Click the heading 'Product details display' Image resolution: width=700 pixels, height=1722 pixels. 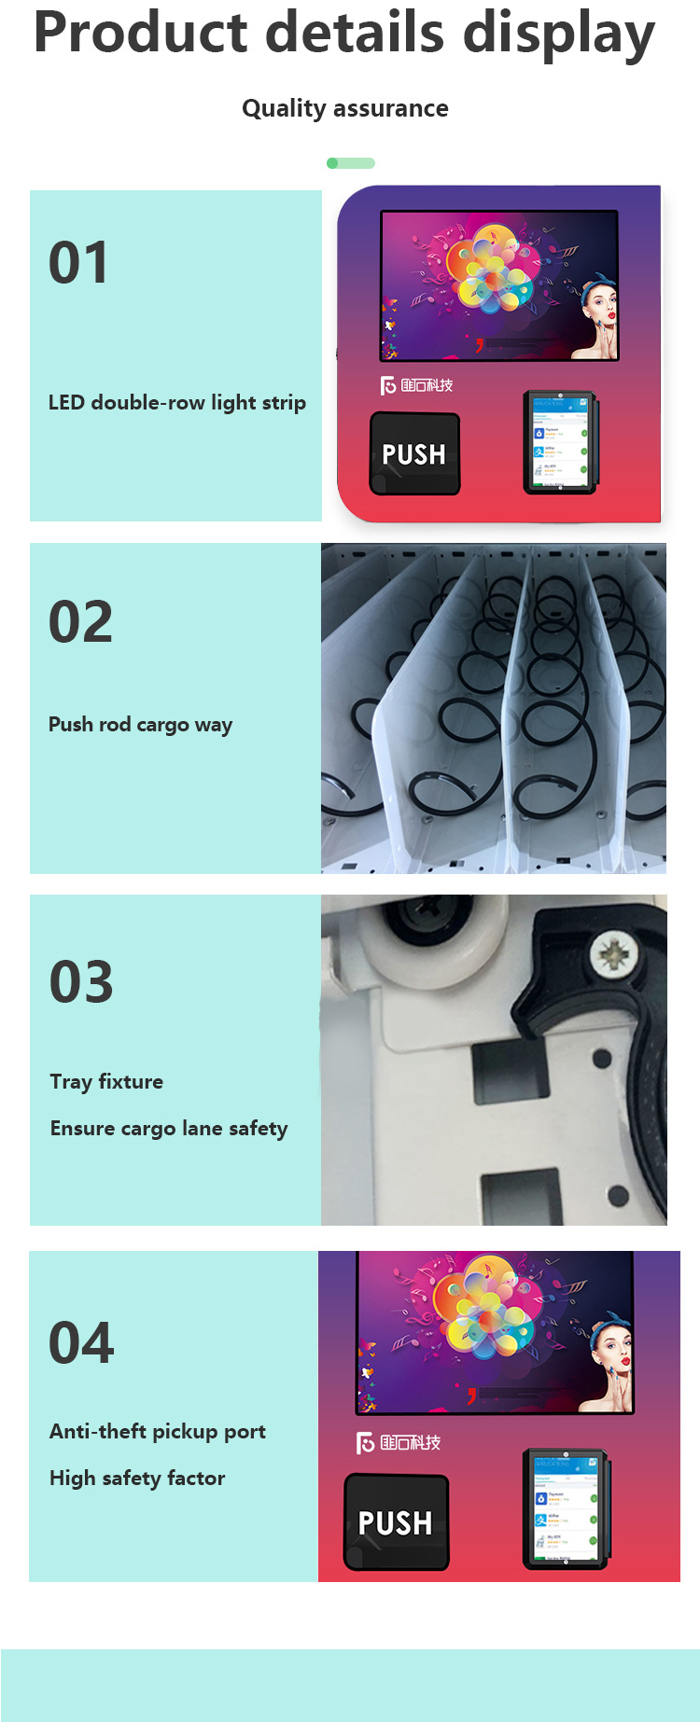(344, 34)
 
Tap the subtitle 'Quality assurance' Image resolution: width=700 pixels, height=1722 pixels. (344, 108)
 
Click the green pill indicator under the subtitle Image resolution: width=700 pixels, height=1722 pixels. (351, 163)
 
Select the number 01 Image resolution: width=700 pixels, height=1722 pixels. (78, 263)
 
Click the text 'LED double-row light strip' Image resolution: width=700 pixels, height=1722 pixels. (176, 403)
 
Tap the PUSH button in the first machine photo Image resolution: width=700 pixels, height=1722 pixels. (414, 454)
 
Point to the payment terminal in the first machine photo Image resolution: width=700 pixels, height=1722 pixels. (558, 442)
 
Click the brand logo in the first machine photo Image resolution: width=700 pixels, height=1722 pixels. (416, 385)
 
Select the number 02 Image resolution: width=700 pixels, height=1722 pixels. (80, 622)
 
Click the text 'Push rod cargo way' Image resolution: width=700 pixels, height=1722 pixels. (140, 725)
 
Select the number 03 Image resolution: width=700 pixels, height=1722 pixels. (81, 982)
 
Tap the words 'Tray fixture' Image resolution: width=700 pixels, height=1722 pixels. (106, 1082)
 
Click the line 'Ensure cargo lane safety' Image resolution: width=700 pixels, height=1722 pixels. (169, 1129)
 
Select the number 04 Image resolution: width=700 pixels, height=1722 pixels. (81, 1343)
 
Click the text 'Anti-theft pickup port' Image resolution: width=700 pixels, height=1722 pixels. (158, 1432)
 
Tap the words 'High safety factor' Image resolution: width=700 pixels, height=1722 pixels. (137, 1479)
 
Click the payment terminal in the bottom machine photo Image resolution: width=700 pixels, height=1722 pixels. (566, 1508)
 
